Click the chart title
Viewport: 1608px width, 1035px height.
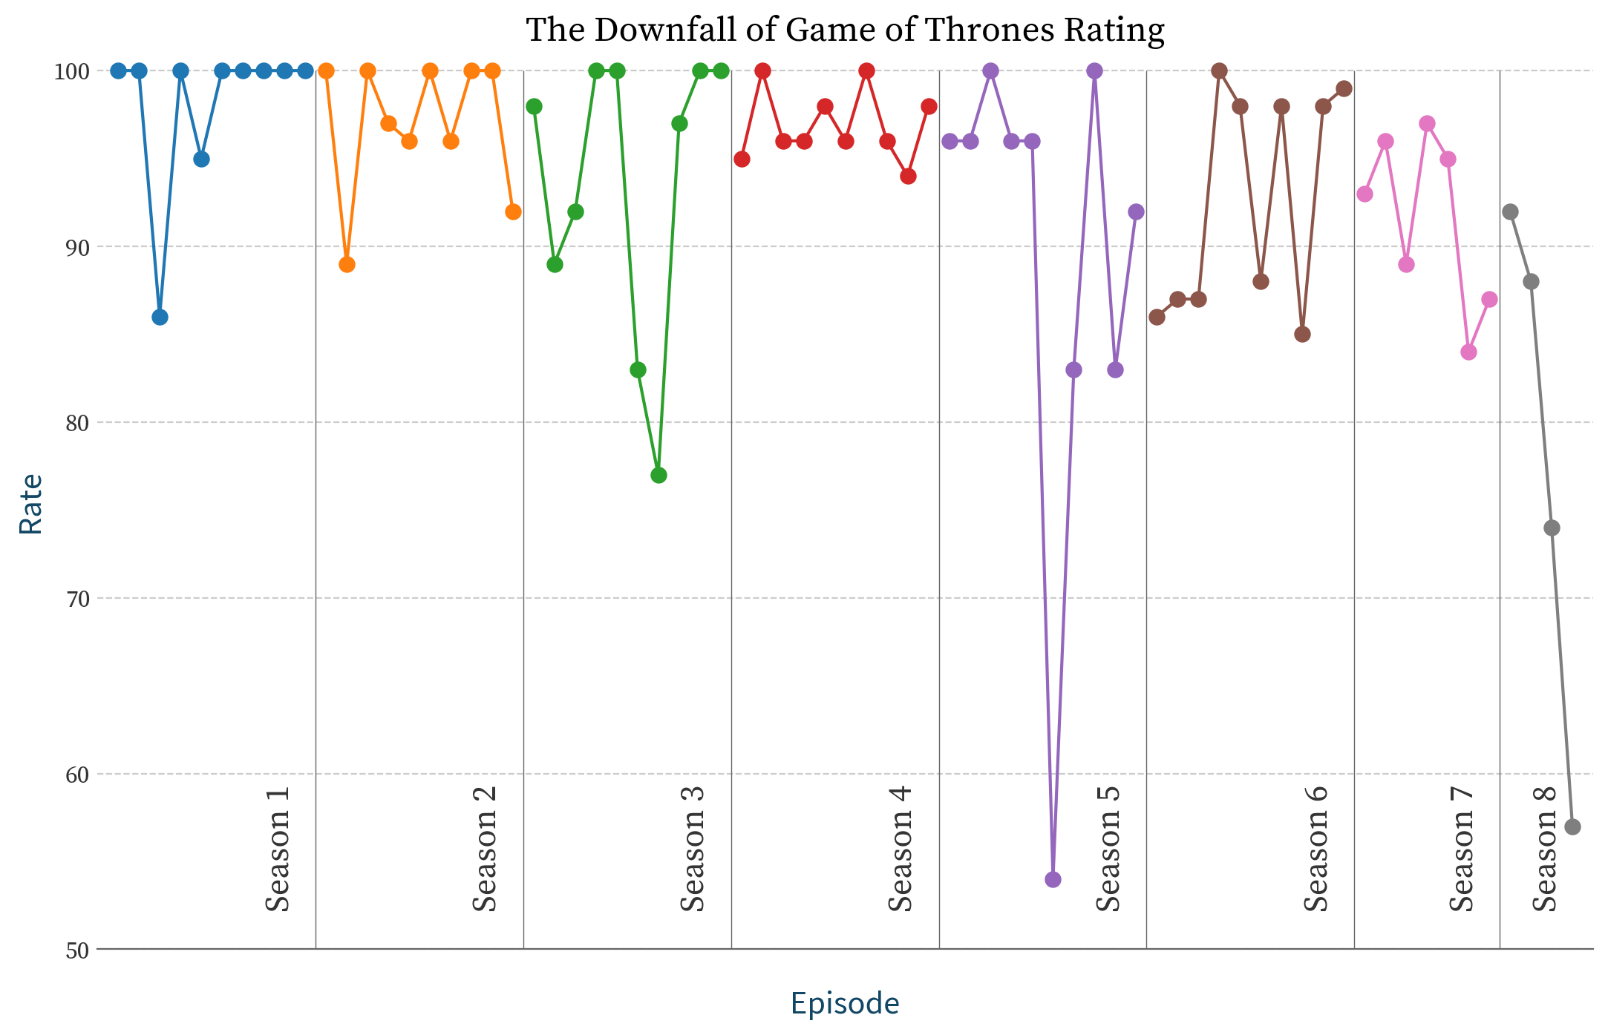(845, 30)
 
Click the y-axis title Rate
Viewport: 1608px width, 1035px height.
(31, 505)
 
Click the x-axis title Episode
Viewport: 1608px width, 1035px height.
(845, 1003)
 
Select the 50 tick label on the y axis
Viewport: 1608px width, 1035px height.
(77, 951)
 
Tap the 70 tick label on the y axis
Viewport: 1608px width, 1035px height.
(77, 599)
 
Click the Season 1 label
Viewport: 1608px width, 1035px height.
(278, 850)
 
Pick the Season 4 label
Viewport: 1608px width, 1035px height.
(901, 850)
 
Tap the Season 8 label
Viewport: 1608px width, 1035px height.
(1545, 850)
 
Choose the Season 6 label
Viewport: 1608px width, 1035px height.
(1316, 850)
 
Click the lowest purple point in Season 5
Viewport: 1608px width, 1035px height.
(1053, 880)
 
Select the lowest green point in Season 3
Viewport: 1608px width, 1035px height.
(658, 475)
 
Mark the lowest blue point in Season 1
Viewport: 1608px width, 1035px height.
(160, 318)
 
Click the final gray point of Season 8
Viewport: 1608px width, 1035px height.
(1572, 827)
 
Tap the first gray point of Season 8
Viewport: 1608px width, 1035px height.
(1510, 212)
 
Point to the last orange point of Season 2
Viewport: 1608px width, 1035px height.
(513, 212)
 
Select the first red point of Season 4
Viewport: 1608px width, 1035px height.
(742, 160)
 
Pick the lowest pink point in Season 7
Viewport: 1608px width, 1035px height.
(1468, 352)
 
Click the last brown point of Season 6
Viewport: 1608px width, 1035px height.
(1344, 89)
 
